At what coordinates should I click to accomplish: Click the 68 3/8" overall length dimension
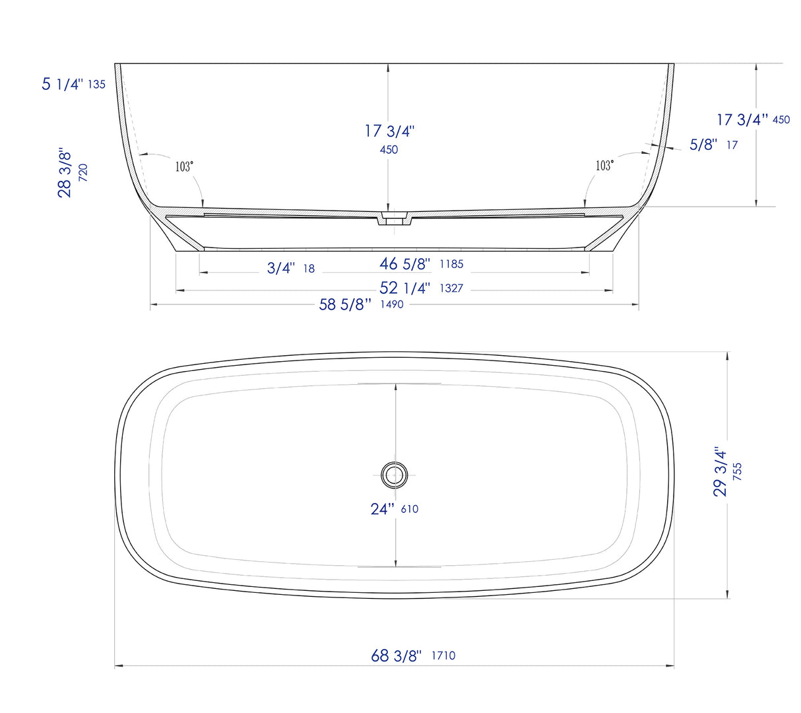[396, 656]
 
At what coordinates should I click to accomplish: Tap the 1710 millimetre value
[443, 656]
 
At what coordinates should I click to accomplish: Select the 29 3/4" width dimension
[721, 472]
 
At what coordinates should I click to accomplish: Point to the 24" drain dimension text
[382, 508]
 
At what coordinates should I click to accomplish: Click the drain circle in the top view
[395, 474]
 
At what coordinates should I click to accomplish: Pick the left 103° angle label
[184, 166]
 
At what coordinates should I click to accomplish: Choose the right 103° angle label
[604, 166]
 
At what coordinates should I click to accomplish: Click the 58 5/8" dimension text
[345, 304]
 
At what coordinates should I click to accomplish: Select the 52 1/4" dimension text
[404, 288]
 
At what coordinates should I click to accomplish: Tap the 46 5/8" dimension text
[404, 263]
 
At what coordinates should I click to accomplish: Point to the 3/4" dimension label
[281, 268]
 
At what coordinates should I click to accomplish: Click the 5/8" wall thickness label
[703, 145]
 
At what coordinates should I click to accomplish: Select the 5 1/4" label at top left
[63, 84]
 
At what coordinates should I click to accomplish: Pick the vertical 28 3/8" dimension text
[65, 172]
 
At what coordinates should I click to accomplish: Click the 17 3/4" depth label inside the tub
[389, 131]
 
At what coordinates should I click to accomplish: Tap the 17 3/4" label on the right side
[742, 119]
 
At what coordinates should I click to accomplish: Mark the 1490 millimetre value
[392, 304]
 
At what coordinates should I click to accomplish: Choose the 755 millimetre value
[737, 472]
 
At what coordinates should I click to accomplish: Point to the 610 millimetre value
[409, 509]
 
